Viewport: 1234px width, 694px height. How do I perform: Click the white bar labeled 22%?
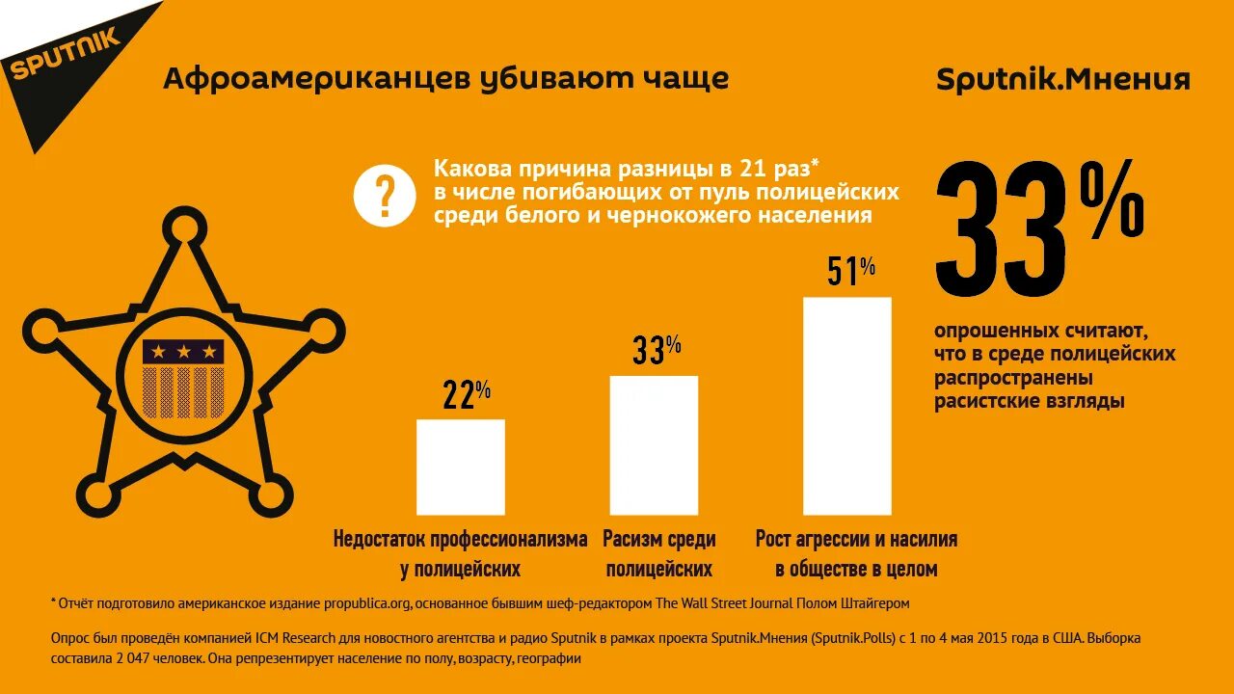[x=460, y=467]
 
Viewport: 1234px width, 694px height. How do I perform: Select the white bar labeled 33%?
[x=654, y=444]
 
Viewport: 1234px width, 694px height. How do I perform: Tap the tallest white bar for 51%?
[x=846, y=406]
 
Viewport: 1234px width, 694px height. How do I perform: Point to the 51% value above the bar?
[x=850, y=272]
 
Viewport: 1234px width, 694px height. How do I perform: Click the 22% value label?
[x=467, y=394]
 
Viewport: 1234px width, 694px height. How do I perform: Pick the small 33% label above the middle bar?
[x=657, y=350]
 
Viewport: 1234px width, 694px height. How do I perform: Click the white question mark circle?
[x=385, y=195]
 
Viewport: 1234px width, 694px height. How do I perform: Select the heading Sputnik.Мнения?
[x=1062, y=79]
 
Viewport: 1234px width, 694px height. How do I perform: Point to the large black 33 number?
[x=1003, y=231]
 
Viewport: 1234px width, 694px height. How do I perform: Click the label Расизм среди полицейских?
[x=658, y=553]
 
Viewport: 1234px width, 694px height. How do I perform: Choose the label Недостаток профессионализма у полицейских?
[x=460, y=553]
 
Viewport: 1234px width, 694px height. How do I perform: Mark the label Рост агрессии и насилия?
[x=856, y=539]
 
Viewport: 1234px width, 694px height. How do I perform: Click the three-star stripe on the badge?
[x=183, y=352]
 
